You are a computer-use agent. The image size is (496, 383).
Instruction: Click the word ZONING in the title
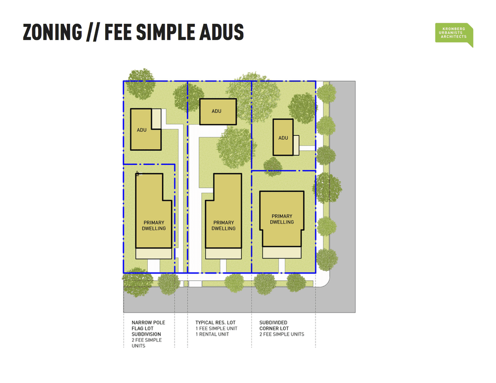52,32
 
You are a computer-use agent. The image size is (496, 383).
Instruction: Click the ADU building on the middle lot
217,111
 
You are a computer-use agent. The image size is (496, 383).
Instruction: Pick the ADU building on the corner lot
283,137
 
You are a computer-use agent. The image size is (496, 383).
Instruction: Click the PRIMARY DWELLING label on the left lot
154,225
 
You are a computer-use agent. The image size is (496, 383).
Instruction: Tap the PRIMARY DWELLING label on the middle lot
223,225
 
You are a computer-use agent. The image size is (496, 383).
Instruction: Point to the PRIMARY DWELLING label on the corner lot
282,219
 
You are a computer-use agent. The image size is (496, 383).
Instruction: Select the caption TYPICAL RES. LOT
215,323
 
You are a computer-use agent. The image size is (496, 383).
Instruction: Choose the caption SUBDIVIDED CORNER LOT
273,326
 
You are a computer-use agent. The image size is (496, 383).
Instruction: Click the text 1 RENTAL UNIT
212,334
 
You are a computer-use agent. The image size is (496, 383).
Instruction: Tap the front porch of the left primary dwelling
154,253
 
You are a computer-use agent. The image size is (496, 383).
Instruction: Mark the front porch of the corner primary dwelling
282,252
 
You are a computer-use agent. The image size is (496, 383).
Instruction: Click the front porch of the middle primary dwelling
223,253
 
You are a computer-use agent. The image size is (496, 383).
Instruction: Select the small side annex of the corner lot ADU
296,145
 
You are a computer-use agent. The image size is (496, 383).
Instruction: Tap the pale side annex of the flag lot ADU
157,119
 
